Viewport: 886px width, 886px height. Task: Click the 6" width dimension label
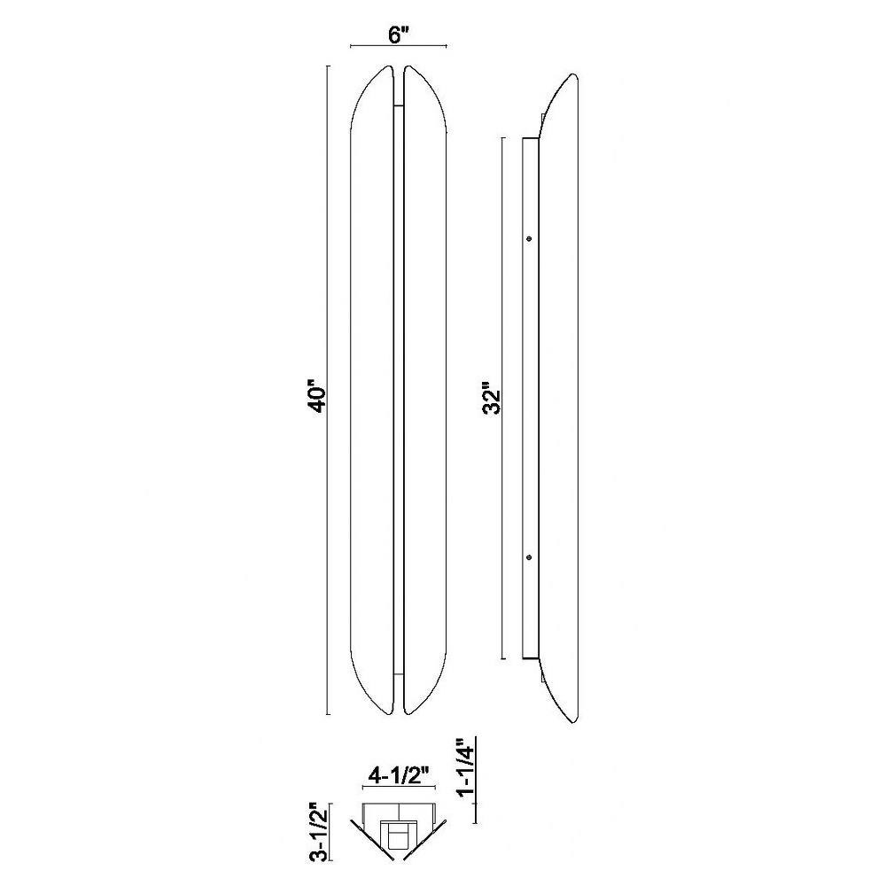(x=399, y=35)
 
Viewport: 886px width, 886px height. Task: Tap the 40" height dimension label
(x=318, y=399)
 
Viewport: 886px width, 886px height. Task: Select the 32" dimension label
(x=492, y=400)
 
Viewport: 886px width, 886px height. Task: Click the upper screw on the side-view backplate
(x=529, y=238)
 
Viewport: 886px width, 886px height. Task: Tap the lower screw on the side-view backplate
(x=529, y=556)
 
